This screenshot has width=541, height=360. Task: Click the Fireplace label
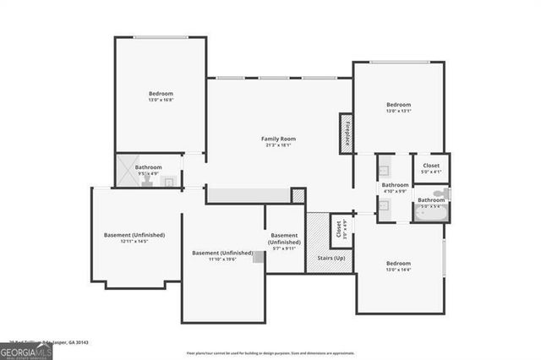[x=347, y=134]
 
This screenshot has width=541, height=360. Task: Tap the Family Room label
[x=278, y=139]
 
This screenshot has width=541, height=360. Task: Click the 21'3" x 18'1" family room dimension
[x=278, y=145]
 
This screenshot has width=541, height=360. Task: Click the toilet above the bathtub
[x=446, y=194]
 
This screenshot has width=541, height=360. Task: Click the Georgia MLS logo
[x=26, y=351]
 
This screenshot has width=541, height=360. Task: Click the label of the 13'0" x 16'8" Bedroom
[x=161, y=93]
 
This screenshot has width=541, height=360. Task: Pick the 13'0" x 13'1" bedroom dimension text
[x=398, y=111]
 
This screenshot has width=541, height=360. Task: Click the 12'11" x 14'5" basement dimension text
[x=135, y=242]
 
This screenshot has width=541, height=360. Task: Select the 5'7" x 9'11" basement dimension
[x=284, y=248]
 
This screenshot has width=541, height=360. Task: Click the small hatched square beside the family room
[x=298, y=195]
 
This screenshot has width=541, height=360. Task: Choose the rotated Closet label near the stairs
[x=339, y=230]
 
